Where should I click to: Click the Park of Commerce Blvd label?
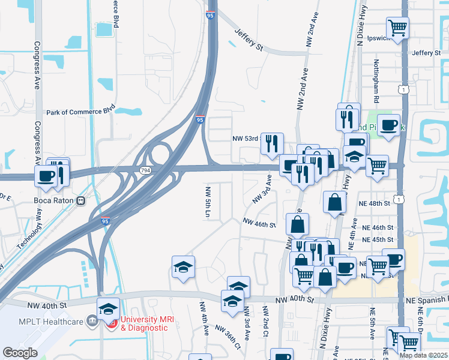pyautogui.click(x=80, y=112)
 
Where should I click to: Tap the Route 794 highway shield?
pyautogui.click(x=145, y=171)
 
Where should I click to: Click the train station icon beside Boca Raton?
pyautogui.click(x=80, y=201)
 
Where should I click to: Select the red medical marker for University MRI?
pyautogui.click(x=112, y=323)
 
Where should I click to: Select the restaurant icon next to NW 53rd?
pyautogui.click(x=272, y=143)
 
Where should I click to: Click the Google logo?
pyautogui.click(x=19, y=353)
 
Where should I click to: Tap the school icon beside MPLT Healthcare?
pyautogui.click(x=108, y=308)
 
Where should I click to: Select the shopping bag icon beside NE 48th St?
pyautogui.click(x=334, y=203)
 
